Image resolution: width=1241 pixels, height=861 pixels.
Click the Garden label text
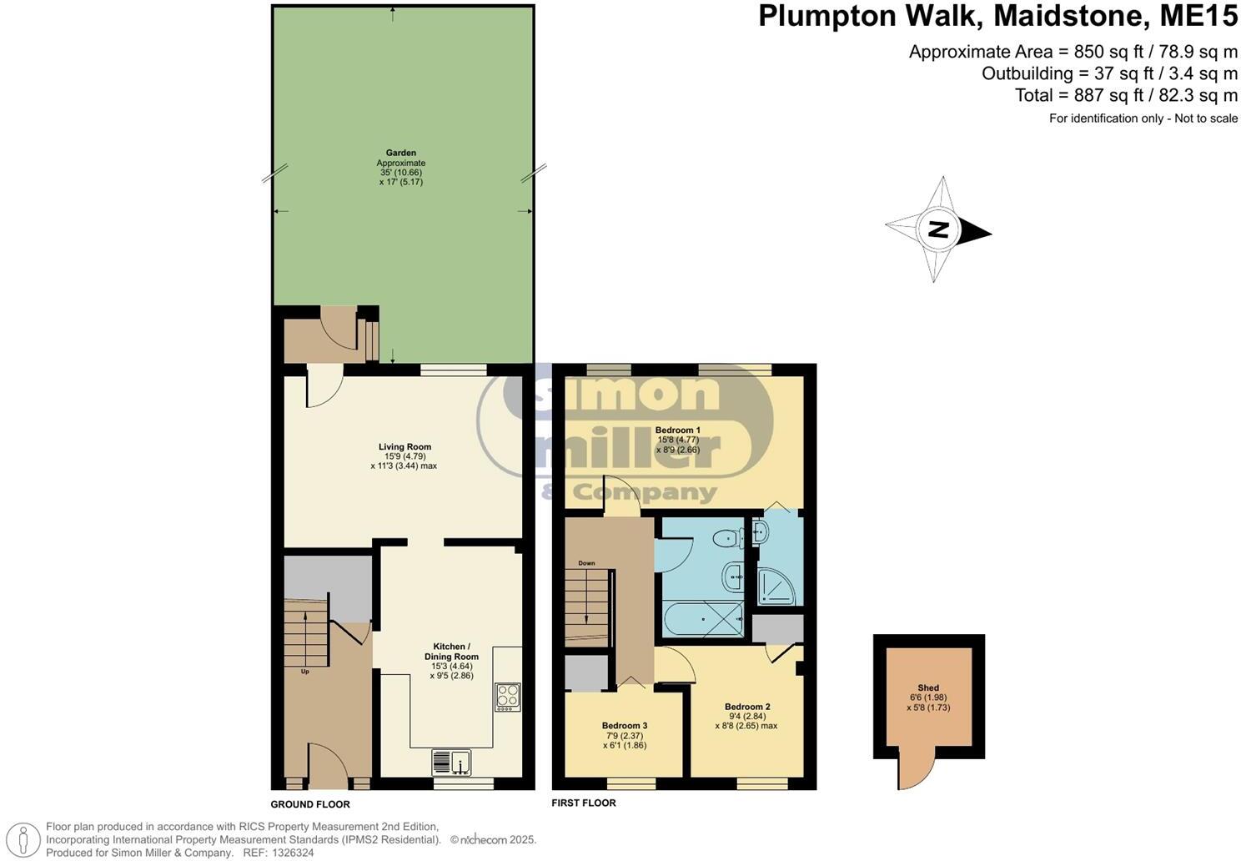(400, 154)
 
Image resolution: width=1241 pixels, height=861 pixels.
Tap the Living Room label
(404, 447)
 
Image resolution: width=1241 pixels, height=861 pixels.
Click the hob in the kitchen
(507, 697)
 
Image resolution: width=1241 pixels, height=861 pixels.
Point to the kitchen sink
(451, 763)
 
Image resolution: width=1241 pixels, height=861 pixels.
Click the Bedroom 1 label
(677, 430)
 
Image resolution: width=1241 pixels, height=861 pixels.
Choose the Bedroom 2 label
(746, 707)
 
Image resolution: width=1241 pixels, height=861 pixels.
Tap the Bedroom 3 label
(624, 726)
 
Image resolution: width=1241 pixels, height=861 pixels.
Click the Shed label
(928, 688)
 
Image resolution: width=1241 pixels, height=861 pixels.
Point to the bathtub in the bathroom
(702, 620)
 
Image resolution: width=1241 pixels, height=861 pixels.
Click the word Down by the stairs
(586, 563)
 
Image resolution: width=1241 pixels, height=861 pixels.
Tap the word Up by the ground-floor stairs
(304, 671)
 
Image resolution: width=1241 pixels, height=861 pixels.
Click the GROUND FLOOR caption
(310, 804)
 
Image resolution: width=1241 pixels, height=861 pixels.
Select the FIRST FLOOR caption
(584, 803)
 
